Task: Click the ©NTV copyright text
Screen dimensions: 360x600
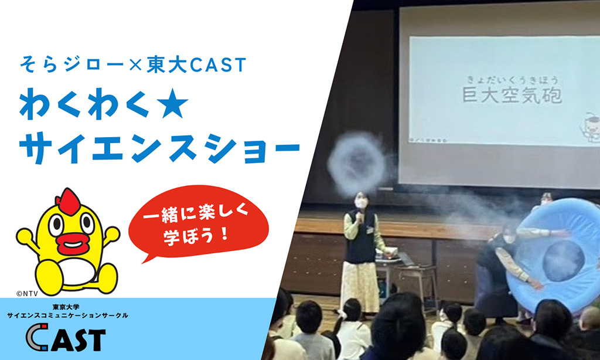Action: (x=26, y=290)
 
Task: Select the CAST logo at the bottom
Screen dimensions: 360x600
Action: (x=67, y=339)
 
